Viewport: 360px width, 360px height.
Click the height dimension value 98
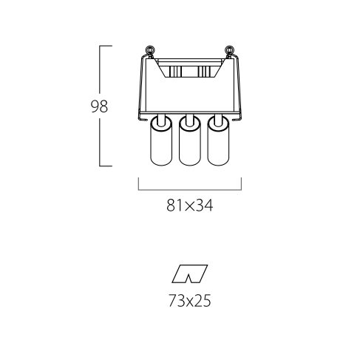[x=99, y=106]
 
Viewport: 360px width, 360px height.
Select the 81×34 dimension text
[x=190, y=206]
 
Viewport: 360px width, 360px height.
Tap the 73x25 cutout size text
[x=190, y=301]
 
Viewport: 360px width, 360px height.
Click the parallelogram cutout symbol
[x=190, y=274]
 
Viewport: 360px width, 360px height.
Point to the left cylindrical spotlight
[x=161, y=141]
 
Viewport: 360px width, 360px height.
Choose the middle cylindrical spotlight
[x=189, y=141]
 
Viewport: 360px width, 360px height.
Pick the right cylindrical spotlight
[x=218, y=141]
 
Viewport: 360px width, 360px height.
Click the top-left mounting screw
[x=150, y=51]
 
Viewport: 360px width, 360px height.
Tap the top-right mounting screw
[x=229, y=51]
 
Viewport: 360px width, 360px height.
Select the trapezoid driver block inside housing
[x=189, y=68]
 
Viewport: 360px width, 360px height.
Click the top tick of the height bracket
[x=106, y=46]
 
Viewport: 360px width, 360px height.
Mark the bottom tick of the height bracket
[x=106, y=166]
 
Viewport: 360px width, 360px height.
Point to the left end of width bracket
[x=138, y=183]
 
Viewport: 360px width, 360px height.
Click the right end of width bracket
[x=241, y=183]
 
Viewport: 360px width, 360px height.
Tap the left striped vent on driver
[x=175, y=71]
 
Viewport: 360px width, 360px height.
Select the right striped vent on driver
[x=204, y=71]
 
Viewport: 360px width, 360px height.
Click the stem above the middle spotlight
[x=189, y=120]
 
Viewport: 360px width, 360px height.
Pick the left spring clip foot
[x=143, y=119]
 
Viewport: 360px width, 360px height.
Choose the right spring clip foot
[x=236, y=119]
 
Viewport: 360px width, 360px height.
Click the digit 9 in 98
[x=95, y=106]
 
